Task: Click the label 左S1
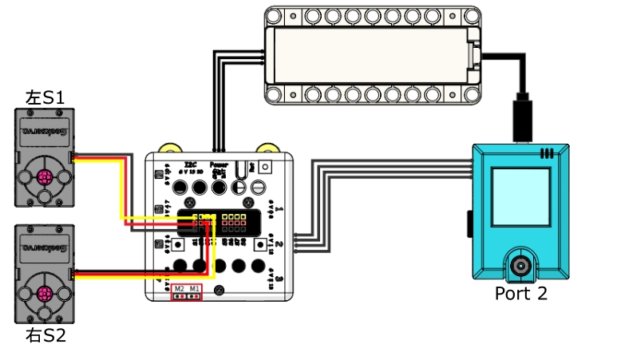coord(45,99)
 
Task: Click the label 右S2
coord(45,334)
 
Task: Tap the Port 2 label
coord(520,293)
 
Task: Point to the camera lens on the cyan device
coord(521,265)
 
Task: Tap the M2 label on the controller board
coord(179,288)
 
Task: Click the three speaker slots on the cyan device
coord(547,152)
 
